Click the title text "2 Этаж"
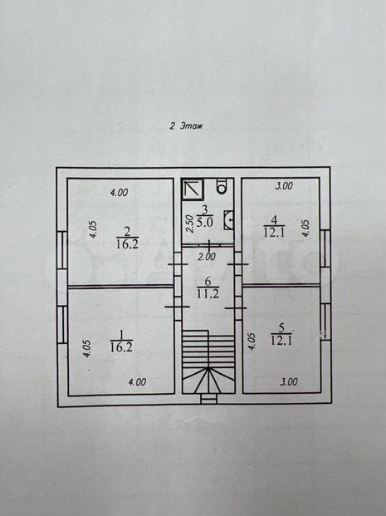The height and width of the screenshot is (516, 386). point(186,126)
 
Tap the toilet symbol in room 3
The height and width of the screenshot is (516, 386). point(222,186)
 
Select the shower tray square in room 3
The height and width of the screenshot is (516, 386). point(193,189)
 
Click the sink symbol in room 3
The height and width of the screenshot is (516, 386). point(229,220)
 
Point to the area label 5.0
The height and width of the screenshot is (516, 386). point(205,222)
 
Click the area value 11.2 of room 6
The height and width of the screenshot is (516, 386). point(208,292)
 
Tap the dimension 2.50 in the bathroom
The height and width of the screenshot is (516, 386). point(189,224)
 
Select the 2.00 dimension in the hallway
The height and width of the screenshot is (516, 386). point(207,257)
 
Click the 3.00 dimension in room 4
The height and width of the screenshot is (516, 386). point(284,186)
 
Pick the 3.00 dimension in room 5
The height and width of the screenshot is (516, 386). point(289,381)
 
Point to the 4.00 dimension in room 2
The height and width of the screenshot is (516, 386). point(119,192)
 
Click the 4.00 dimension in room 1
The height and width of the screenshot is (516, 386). point(137,382)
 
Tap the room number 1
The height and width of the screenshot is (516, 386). point(122,336)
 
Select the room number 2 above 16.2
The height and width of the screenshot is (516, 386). point(127,232)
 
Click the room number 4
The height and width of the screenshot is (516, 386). point(274,219)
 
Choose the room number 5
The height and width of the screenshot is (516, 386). point(281,327)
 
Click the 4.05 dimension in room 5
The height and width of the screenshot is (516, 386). point(252,342)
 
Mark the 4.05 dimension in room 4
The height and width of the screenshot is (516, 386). point(305,229)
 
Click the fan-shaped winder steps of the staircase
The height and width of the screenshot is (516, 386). point(208,381)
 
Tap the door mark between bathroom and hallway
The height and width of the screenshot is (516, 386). point(210,245)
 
